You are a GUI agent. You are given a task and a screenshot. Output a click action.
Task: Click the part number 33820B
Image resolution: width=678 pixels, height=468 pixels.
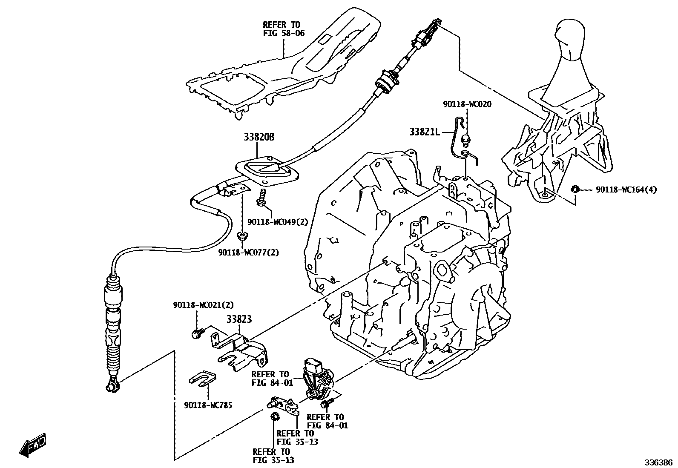[x=259, y=137]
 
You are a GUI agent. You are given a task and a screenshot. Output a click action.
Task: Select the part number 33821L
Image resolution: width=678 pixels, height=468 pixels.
[x=425, y=132]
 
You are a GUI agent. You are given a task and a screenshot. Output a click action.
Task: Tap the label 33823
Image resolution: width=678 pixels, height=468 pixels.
[x=239, y=319]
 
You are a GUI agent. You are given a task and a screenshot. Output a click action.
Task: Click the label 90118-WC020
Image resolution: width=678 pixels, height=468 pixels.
[x=467, y=104]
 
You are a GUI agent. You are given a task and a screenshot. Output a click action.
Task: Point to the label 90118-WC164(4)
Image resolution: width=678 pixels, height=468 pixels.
[x=626, y=190]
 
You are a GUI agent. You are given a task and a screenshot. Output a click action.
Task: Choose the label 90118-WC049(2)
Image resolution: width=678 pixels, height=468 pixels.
[x=278, y=222]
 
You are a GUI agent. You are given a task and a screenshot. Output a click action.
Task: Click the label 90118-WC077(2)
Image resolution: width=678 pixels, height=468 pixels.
[x=249, y=253]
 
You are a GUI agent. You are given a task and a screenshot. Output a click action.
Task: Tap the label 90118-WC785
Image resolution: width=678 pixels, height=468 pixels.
[x=208, y=405]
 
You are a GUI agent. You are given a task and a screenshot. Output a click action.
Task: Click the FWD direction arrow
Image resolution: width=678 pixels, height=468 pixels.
[x=32, y=445]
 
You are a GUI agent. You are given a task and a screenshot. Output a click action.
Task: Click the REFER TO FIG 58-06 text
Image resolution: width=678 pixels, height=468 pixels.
[x=284, y=29]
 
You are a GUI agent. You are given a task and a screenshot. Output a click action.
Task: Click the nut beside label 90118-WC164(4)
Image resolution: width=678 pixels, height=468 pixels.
[x=574, y=189]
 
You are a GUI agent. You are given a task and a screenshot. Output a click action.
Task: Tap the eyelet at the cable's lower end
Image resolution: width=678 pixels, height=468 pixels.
[x=112, y=386]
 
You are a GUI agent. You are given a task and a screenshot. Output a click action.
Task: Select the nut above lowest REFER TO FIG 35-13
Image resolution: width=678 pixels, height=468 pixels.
[x=275, y=416]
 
